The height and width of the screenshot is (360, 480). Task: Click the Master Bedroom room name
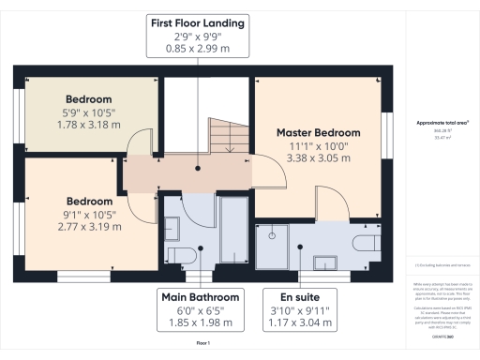[x=318, y=132]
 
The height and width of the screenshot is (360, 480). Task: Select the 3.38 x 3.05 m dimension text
[x=318, y=158]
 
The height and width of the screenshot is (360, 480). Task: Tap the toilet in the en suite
[x=366, y=244]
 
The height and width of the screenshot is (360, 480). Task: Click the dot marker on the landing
[x=198, y=169]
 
